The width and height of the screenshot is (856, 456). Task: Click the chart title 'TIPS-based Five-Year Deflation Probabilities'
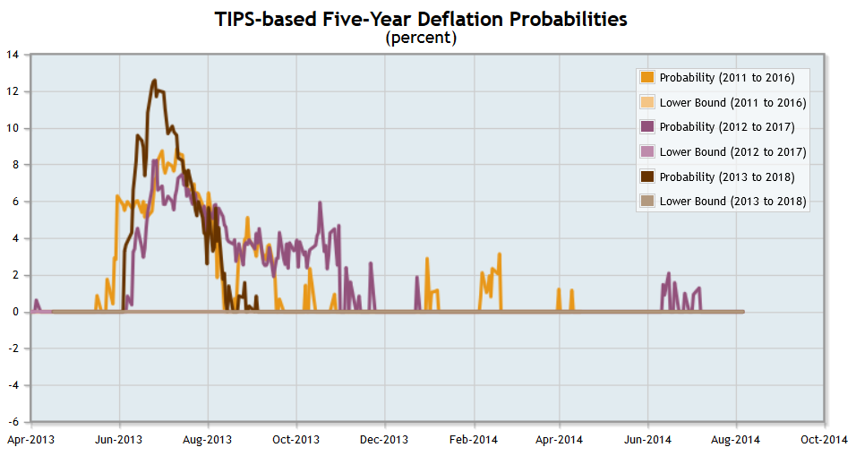click(421, 19)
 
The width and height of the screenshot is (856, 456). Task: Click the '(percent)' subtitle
click(421, 38)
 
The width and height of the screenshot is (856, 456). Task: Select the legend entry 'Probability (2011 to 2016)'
click(726, 77)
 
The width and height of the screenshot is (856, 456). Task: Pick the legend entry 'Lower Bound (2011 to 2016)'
click(732, 102)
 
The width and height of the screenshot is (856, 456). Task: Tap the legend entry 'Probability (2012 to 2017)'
click(726, 127)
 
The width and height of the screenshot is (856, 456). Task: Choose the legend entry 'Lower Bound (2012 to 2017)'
click(732, 152)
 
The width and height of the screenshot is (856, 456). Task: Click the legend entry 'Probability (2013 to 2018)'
click(726, 177)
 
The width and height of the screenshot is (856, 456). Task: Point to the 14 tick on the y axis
click(13, 55)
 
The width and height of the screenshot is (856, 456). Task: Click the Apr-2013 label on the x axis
click(30, 440)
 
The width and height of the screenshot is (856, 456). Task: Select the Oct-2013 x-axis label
click(295, 440)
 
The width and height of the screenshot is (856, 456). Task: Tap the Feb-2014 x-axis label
click(473, 440)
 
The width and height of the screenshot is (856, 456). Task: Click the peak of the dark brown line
click(154, 81)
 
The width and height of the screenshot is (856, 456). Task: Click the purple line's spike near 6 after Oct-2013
click(320, 202)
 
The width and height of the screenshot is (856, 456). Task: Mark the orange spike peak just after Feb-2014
click(499, 254)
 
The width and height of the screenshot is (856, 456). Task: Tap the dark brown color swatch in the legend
click(647, 177)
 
